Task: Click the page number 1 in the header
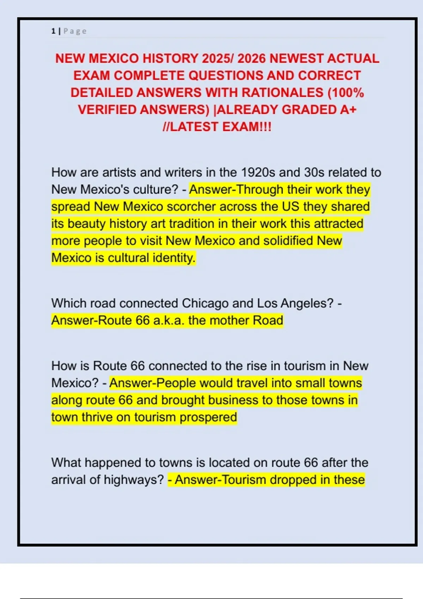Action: point(53,31)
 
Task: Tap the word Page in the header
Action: point(75,31)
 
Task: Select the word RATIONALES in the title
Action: point(283,93)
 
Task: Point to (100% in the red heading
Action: point(346,93)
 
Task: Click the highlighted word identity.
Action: point(174,258)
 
